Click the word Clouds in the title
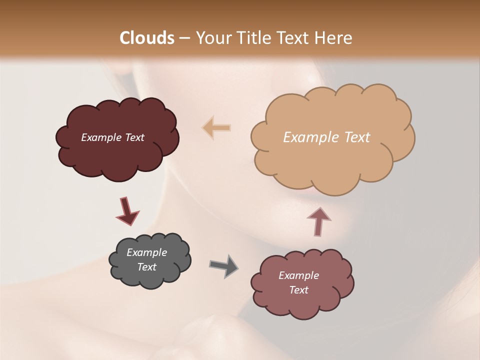147,38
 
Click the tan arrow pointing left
216,127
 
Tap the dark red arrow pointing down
127,211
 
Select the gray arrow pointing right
223,265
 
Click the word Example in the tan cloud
312,137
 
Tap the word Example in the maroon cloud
101,137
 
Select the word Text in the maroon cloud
134,137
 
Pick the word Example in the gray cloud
146,252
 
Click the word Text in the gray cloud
146,267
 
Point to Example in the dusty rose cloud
298,275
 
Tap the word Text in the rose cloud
298,290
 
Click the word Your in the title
210,38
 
